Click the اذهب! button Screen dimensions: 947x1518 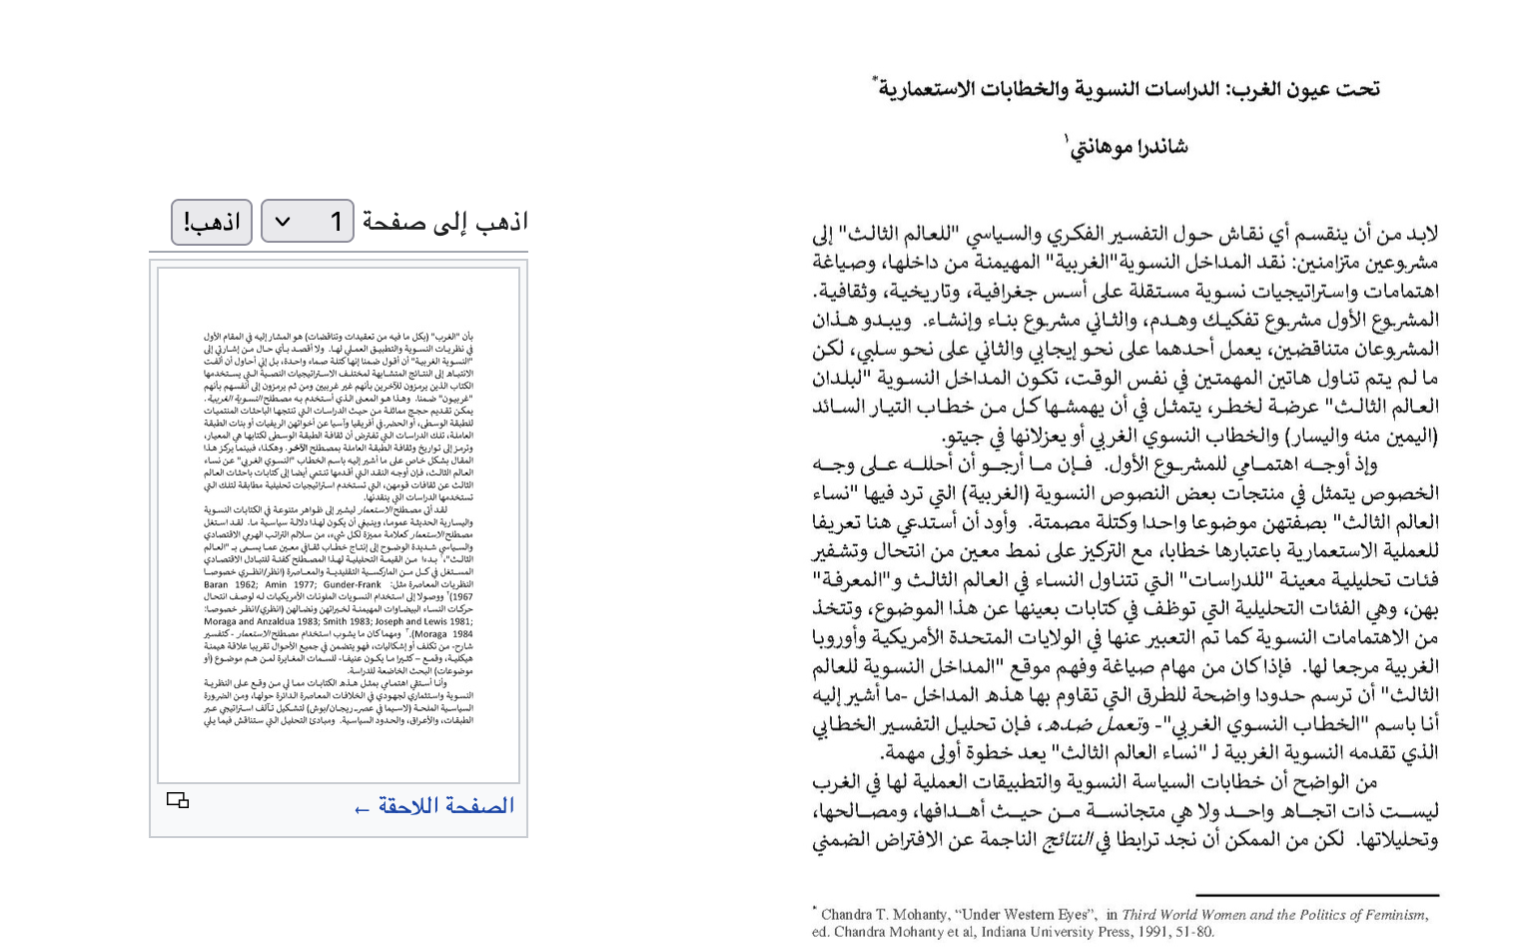point(211,222)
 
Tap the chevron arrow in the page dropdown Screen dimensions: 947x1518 point(283,222)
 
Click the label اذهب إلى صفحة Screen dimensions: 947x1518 point(444,222)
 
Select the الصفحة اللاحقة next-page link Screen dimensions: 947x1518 point(434,806)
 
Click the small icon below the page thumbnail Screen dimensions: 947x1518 point(178,800)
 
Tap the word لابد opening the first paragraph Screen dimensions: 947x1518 point(1419,235)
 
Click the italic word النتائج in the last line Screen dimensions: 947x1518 point(1067,840)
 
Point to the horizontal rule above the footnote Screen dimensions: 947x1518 point(1316,895)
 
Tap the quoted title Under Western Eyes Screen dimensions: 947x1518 point(1025,915)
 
